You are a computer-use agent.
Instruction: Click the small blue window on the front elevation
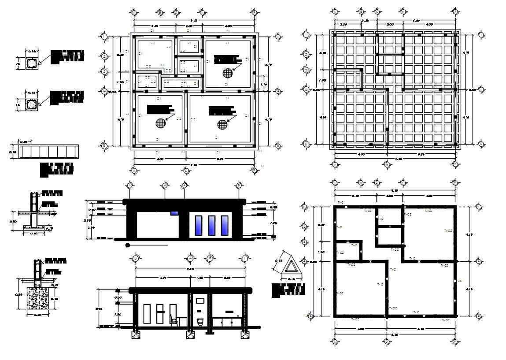click(x=174, y=213)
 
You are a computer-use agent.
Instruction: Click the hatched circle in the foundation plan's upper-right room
click(x=227, y=73)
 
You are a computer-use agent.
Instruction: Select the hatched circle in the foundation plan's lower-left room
click(x=160, y=124)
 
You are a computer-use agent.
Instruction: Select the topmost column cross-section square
click(x=32, y=64)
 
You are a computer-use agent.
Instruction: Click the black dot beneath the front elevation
click(x=128, y=245)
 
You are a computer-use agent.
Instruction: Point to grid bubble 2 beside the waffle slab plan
click(x=307, y=54)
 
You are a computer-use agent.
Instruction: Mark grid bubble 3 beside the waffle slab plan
click(x=307, y=70)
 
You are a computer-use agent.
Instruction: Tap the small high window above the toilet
click(x=200, y=301)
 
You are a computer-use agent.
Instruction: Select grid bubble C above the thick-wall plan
click(x=377, y=183)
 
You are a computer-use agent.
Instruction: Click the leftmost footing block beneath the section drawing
click(x=136, y=334)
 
